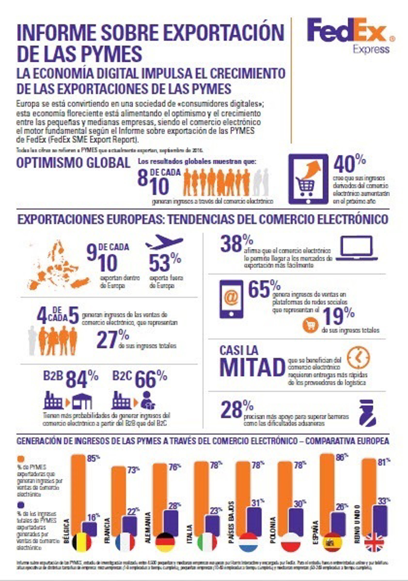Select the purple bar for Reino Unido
(380, 520)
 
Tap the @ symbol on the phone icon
(231, 298)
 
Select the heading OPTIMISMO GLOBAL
(73, 163)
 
